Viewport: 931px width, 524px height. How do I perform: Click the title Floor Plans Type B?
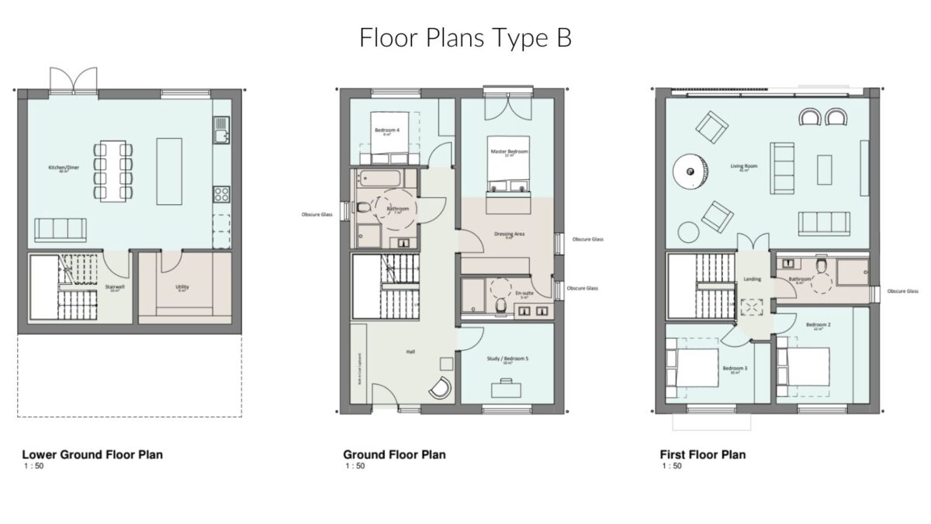coord(465,38)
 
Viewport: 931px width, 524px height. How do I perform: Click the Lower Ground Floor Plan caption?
coord(92,454)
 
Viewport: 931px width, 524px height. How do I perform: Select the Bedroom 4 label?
coord(387,130)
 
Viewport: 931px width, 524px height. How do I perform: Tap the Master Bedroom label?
coord(509,151)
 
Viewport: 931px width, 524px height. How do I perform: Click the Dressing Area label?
coord(509,234)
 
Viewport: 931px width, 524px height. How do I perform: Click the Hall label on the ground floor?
coord(410,351)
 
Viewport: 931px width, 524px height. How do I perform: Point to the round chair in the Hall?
coord(439,387)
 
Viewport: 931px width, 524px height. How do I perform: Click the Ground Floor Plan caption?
coord(394,454)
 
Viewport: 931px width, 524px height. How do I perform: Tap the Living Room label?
coord(743,165)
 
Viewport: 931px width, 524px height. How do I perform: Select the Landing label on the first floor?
coord(753,279)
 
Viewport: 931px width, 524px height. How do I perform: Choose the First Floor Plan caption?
coord(702,454)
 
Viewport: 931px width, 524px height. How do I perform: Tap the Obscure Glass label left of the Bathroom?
coord(317,214)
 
